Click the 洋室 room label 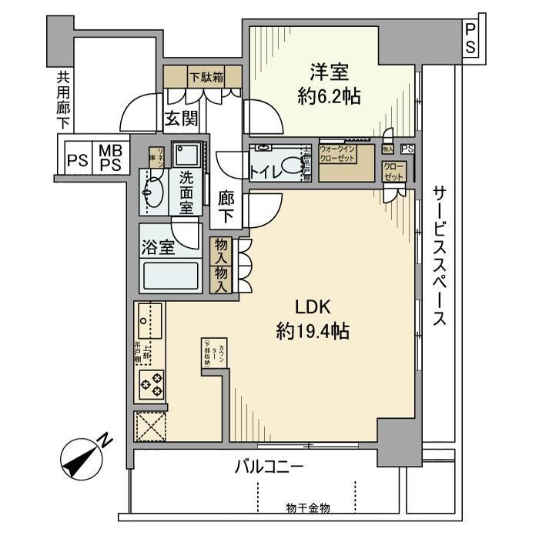point(330,73)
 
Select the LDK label point(313,306)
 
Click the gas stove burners point(151,383)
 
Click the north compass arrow point(84,457)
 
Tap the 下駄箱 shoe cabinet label point(204,76)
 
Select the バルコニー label point(269,467)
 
